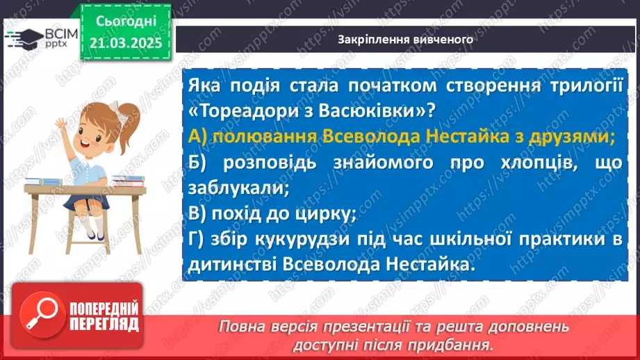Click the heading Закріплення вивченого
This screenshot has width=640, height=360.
pyautogui.click(x=405, y=40)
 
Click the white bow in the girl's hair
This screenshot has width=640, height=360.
pyautogui.click(x=124, y=113)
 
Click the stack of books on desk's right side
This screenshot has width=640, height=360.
pyautogui.click(x=129, y=181)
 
